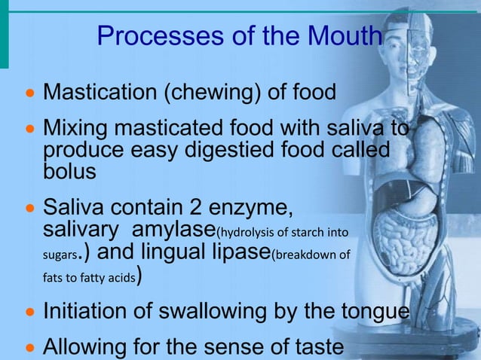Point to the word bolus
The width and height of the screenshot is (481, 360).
click(x=69, y=171)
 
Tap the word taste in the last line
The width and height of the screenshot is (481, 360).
click(x=315, y=347)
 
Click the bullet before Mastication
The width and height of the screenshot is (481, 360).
click(x=30, y=95)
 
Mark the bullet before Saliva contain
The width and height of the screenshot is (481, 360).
click(x=30, y=206)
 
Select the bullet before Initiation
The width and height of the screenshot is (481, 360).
click(x=30, y=312)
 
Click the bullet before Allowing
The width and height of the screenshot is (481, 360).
click(x=30, y=348)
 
